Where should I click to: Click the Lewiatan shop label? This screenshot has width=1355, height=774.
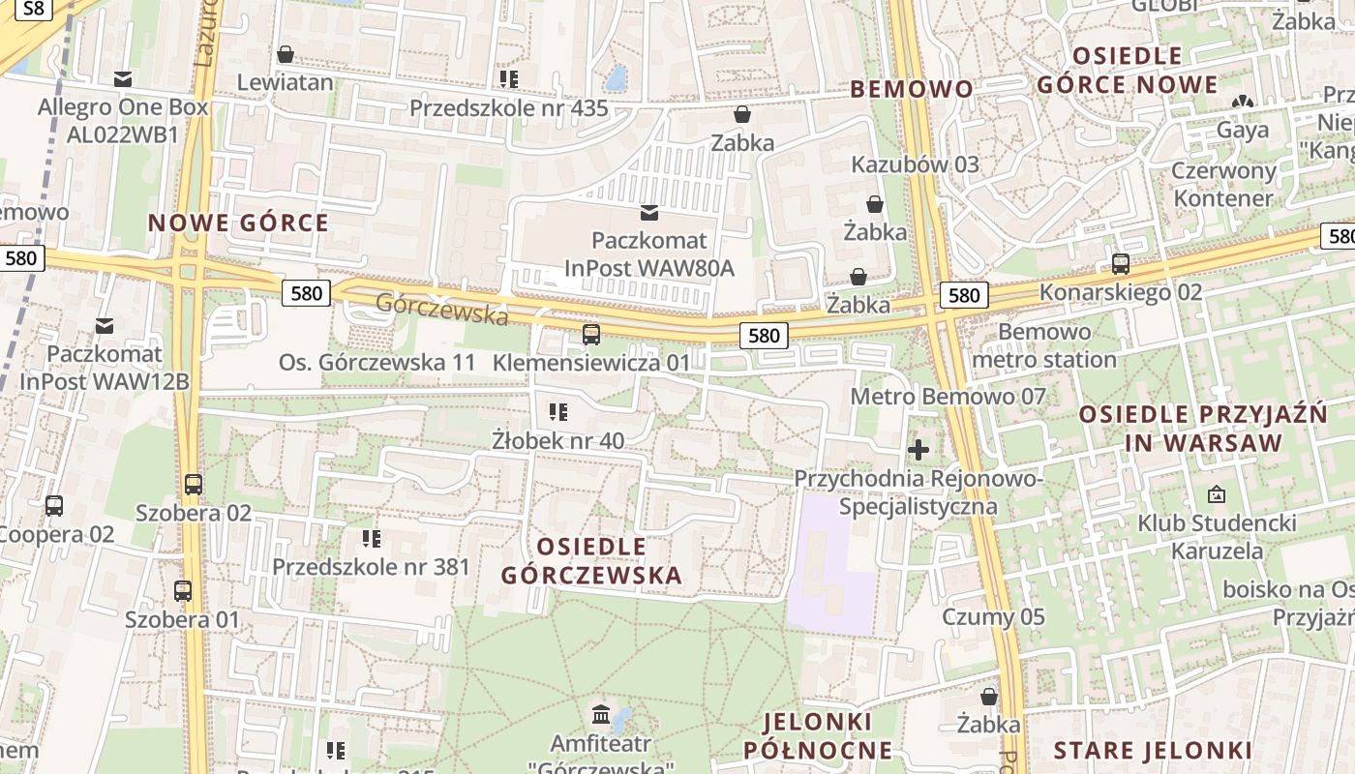click(x=286, y=82)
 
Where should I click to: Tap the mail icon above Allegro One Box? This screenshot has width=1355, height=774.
click(x=123, y=78)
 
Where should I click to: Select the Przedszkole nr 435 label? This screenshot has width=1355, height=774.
click(x=508, y=107)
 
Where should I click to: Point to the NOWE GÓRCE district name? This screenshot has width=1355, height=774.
click(x=238, y=223)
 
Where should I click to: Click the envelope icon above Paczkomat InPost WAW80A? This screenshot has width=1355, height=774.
click(x=649, y=212)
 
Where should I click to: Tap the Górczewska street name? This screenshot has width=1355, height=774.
click(x=441, y=309)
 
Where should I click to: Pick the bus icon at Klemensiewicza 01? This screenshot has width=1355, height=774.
click(x=590, y=335)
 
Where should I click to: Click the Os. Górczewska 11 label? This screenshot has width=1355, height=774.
click(x=377, y=363)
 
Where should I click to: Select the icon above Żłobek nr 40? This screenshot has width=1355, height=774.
click(x=558, y=413)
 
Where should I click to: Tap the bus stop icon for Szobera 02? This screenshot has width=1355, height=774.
click(x=194, y=485)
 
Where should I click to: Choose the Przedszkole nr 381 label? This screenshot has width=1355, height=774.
click(x=371, y=567)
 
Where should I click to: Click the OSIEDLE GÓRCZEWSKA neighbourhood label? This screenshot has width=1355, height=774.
click(x=591, y=561)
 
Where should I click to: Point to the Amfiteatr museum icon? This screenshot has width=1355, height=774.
click(x=601, y=716)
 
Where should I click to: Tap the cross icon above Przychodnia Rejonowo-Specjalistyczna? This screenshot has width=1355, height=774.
click(x=918, y=450)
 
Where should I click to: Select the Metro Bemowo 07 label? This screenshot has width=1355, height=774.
click(x=948, y=396)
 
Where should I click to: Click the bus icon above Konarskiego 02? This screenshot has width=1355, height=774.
click(x=1121, y=263)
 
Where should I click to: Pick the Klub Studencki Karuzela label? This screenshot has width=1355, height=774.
click(x=1217, y=537)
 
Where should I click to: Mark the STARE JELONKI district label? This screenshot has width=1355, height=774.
click(x=1152, y=750)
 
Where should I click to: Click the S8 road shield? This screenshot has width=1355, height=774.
click(x=33, y=9)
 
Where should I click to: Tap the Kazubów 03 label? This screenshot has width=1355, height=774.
click(x=915, y=164)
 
